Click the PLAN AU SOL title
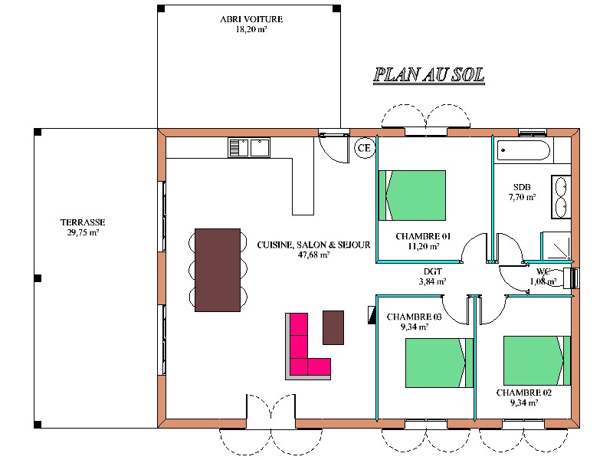429,75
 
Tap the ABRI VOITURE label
251,18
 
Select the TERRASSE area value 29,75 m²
83,232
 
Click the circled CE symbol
365,148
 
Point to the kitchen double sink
249,148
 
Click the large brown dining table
218,270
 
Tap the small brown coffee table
333,327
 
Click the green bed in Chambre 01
412,195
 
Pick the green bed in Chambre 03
439,363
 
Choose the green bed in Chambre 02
537,360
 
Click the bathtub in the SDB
523,150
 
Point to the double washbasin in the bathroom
561,197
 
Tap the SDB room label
522,187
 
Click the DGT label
433,271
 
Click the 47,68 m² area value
313,255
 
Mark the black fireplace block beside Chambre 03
372,315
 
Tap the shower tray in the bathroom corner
556,245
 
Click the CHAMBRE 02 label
524,393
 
